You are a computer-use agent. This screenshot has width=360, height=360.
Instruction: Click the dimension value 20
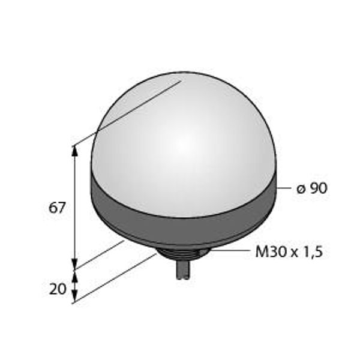click(58, 289)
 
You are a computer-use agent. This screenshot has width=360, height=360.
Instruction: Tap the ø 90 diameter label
click(311, 188)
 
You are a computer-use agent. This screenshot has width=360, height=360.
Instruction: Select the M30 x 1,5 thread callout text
click(289, 252)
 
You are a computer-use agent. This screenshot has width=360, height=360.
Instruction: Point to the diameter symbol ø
click(301, 189)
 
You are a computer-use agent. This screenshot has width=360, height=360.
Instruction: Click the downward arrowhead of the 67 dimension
click(74, 263)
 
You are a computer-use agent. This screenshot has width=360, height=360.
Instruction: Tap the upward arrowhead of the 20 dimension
click(74, 276)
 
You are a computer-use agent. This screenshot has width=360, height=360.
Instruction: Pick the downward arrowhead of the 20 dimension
click(74, 296)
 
